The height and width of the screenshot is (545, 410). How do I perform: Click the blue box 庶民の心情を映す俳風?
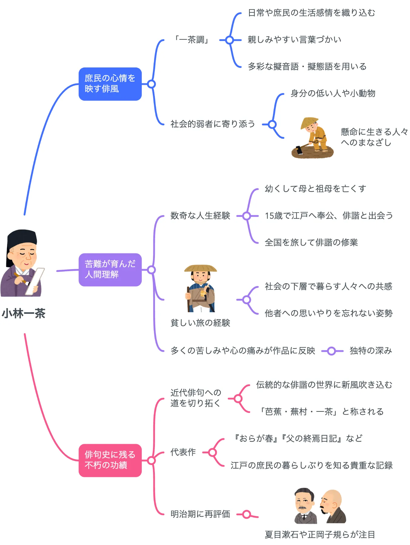pyautogui.click(x=110, y=84)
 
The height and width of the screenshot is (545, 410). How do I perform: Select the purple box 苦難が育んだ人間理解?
pyautogui.click(x=110, y=269)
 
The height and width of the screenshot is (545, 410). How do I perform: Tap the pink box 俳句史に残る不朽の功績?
pyautogui.click(x=110, y=460)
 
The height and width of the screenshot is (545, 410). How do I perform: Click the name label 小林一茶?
pyautogui.click(x=24, y=313)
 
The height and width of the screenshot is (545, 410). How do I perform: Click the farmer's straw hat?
pyautogui.click(x=309, y=123)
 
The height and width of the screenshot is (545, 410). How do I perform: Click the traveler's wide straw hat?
pyautogui.click(x=200, y=268)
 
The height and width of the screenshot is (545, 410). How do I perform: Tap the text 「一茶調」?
pyautogui.click(x=192, y=40)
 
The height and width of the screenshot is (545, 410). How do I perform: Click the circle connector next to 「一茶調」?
pyautogui.click(x=230, y=40)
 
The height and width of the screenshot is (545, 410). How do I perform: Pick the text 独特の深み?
pyautogui.click(x=371, y=351)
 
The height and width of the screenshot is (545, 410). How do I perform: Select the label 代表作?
pyautogui.click(x=183, y=452)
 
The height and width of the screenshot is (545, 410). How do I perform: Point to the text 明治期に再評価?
pyautogui.click(x=200, y=514)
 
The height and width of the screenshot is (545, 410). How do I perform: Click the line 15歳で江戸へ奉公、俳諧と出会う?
pyautogui.click(x=328, y=216)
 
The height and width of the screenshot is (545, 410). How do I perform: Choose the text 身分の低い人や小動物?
pyautogui.click(x=333, y=93)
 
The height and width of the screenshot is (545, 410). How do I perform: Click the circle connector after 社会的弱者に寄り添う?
pyautogui.click(x=272, y=124)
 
